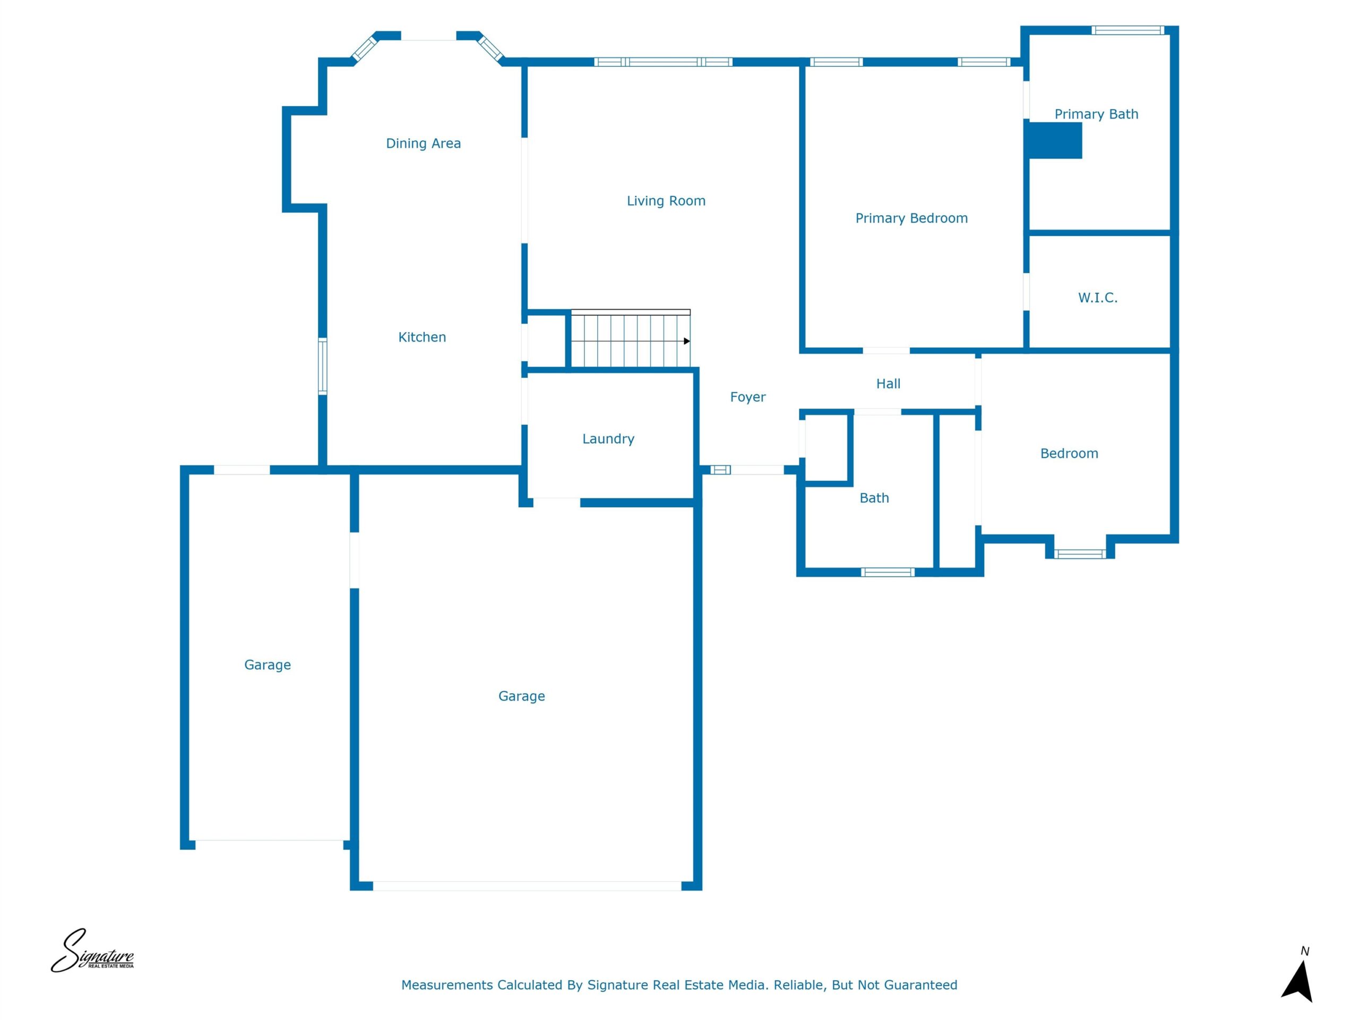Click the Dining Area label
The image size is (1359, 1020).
pyautogui.click(x=423, y=143)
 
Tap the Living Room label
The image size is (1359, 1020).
pyautogui.click(x=666, y=201)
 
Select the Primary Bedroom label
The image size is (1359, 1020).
pyautogui.click(x=911, y=218)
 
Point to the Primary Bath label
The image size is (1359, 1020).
pyautogui.click(x=1096, y=114)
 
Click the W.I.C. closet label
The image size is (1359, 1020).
pyautogui.click(x=1097, y=297)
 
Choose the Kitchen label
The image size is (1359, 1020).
pyautogui.click(x=422, y=337)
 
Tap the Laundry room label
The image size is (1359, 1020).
pyautogui.click(x=608, y=439)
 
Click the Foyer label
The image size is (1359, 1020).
pyautogui.click(x=747, y=397)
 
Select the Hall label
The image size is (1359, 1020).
pyautogui.click(x=888, y=384)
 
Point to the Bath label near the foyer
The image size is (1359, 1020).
pyautogui.click(x=874, y=498)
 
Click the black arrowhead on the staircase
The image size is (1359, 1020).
pyautogui.click(x=687, y=341)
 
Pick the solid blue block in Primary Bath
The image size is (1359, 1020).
pyautogui.click(x=1055, y=141)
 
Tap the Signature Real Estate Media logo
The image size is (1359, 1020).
pyautogui.click(x=92, y=950)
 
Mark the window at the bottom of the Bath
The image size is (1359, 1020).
pyautogui.click(x=887, y=572)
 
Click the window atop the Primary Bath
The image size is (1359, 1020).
pyautogui.click(x=1128, y=30)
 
